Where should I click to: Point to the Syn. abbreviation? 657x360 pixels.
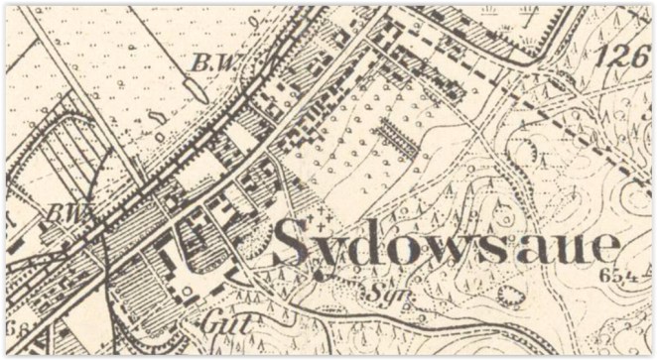(x=380, y=294)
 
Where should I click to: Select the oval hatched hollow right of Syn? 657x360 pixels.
(x=509, y=295)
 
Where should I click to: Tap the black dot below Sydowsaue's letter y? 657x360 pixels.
(x=318, y=276)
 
